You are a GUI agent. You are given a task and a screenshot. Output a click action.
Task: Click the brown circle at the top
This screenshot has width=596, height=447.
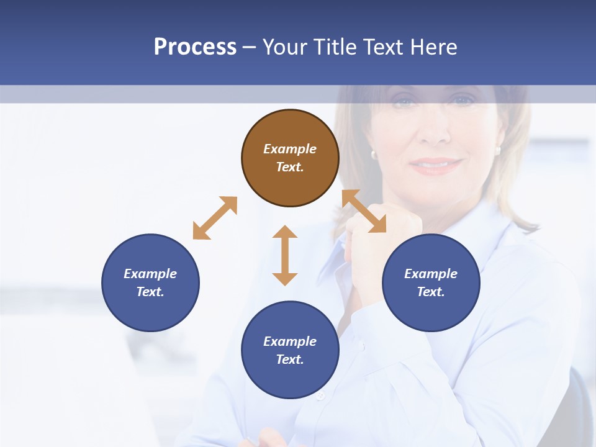point(290,158)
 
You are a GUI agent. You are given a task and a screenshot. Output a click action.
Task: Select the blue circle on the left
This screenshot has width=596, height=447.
point(150,282)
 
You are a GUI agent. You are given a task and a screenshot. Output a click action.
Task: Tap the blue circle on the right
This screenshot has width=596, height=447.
point(431,282)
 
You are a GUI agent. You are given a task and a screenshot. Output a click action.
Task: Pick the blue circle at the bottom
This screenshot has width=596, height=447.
point(290,350)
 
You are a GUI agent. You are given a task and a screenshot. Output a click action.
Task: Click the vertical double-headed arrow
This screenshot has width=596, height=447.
point(285,255)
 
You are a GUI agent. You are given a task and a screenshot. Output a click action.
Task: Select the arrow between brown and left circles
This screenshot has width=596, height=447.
point(215,218)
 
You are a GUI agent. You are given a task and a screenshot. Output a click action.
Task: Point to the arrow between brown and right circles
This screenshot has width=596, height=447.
point(364,211)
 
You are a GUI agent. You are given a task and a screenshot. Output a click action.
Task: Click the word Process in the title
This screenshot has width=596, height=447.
point(195,47)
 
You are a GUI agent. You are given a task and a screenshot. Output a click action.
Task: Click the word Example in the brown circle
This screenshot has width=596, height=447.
point(290,149)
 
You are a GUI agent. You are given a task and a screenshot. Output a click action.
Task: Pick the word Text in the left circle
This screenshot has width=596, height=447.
point(150,292)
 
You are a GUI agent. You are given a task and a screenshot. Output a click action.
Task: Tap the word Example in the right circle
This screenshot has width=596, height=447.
point(431,274)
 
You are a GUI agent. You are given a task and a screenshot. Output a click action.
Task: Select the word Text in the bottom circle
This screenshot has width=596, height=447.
point(290,359)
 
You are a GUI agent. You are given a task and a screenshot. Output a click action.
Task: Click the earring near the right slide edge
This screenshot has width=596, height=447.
point(498,150)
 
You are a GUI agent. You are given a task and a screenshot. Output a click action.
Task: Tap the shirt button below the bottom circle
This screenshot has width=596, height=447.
point(320,395)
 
